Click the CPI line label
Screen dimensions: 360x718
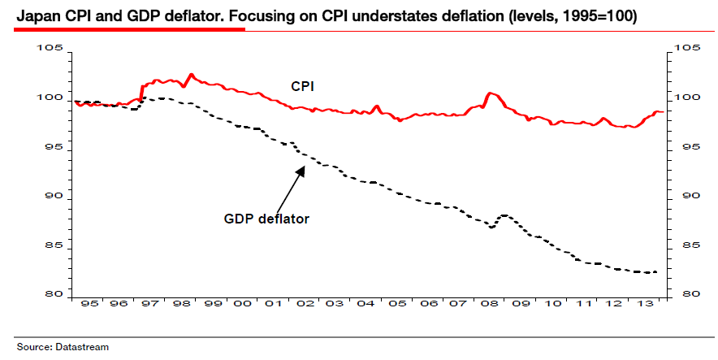pos(303,85)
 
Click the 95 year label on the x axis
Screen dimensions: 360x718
pos(88,304)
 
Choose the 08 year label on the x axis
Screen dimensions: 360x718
pos(492,304)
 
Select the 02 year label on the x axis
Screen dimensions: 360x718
pos(305,304)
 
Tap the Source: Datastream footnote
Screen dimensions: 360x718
pos(63,347)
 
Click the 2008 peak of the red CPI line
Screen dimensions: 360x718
pos(489,93)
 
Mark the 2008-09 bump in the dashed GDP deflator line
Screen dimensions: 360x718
pos(504,215)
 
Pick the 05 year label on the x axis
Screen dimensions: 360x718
pos(399,304)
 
